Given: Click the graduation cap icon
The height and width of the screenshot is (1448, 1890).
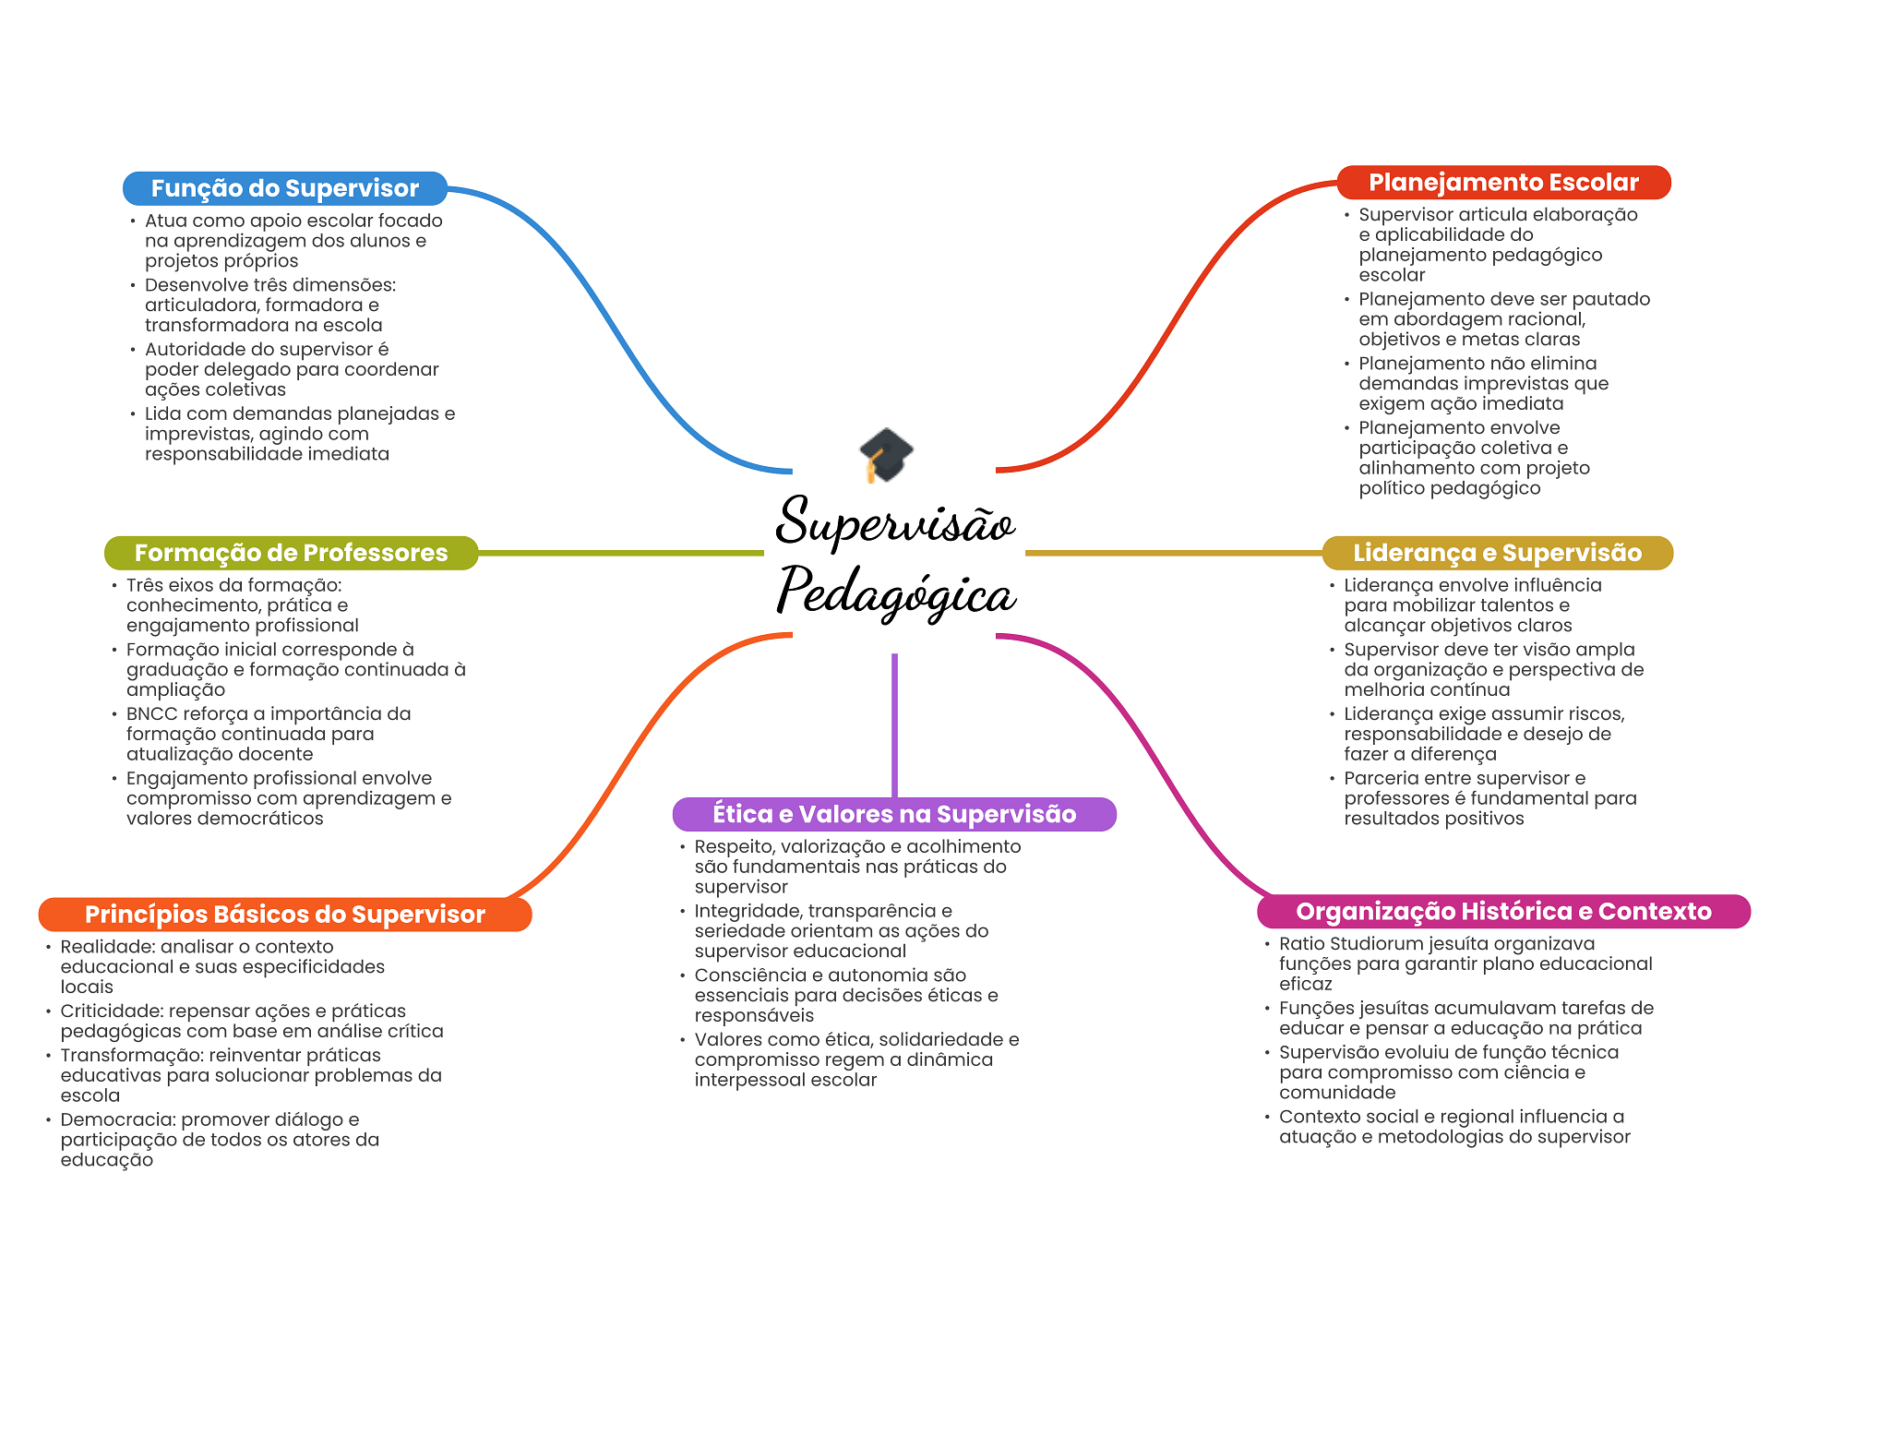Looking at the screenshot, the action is pyautogui.click(x=886, y=454).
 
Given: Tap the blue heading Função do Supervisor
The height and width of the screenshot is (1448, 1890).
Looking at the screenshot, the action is pyautogui.click(x=284, y=188).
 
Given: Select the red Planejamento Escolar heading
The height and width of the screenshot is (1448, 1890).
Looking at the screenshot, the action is pyautogui.click(x=1503, y=183).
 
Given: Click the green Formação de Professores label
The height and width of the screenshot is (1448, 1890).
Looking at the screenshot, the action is pyautogui.click(x=291, y=553).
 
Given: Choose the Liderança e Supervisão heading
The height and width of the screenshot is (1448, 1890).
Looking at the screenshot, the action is pyautogui.click(x=1497, y=553).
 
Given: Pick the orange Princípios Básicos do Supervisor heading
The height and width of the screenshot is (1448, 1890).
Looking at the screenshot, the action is pyautogui.click(x=284, y=914).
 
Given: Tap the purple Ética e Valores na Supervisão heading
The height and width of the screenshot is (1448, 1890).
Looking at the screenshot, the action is pyautogui.click(x=894, y=814).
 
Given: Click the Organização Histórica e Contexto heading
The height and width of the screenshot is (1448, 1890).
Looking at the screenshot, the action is pyautogui.click(x=1503, y=911).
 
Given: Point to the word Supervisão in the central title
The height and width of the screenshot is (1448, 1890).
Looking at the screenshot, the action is pyautogui.click(x=895, y=521).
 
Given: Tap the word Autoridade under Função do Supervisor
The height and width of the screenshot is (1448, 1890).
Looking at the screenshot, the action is pyautogui.click(x=193, y=350).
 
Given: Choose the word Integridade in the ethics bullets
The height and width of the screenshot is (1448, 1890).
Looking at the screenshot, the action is pyautogui.click(x=747, y=912).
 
